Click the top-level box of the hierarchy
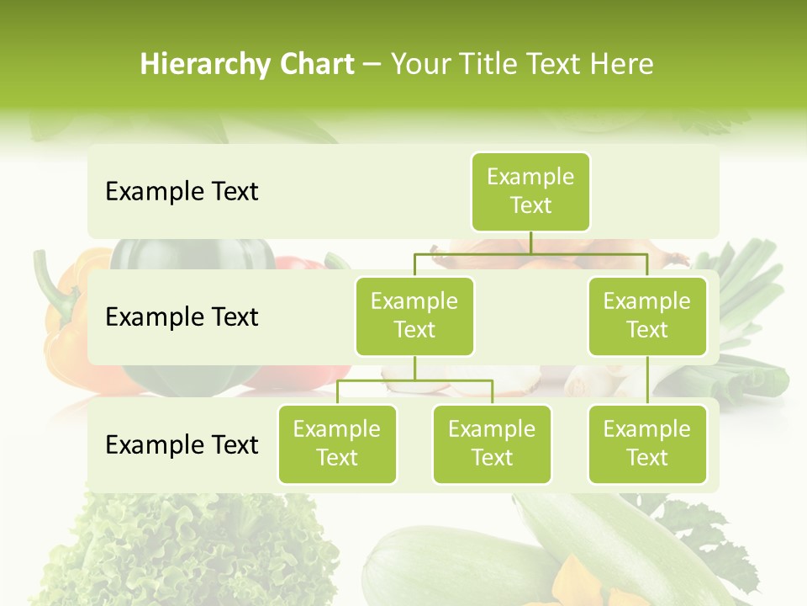coord(530,191)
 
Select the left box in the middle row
coord(414,316)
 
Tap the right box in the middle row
coord(647,316)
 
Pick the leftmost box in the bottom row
coord(337,444)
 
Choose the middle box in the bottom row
coord(492,444)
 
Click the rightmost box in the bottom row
coord(647,444)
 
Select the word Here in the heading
coord(623,65)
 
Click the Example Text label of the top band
coord(182,192)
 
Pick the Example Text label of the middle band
coord(182,317)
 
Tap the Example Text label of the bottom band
coord(182,444)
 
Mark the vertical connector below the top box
coord(530,242)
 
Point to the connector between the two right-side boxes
coord(647,380)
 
